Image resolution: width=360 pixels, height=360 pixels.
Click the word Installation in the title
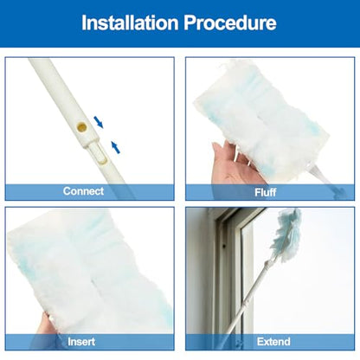coord(130,22)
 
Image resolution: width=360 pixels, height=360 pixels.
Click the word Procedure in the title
coord(230,22)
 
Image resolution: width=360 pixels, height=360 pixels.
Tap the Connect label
coord(83,191)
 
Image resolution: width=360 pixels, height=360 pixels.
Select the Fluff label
coord(266,192)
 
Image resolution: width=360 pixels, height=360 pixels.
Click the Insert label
coord(81,342)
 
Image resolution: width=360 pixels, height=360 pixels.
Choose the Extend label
coord(273,342)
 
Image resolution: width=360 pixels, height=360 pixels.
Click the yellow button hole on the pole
coord(81,126)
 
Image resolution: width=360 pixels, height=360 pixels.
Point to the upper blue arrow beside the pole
coord(99,122)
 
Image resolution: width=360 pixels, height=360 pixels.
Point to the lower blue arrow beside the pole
coord(116,147)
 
